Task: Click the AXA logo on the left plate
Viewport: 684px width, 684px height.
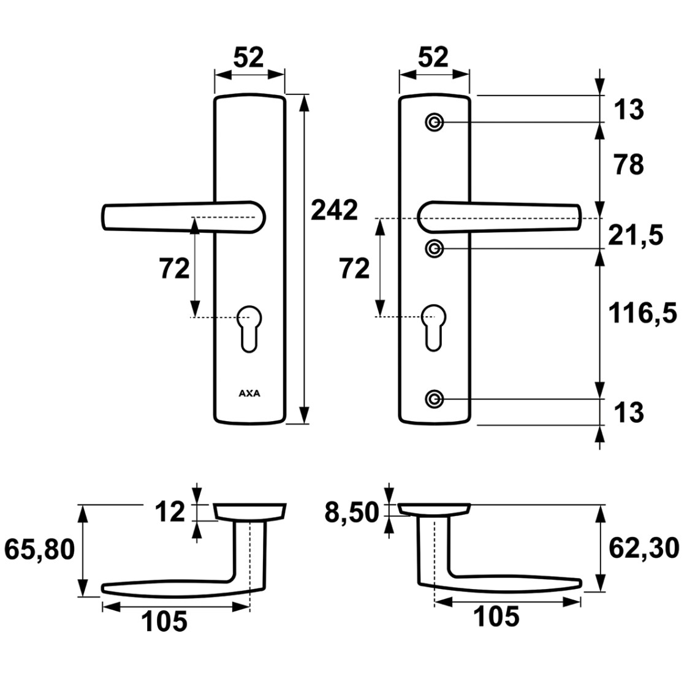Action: [x=249, y=393]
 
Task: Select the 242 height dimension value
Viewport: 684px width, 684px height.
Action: [x=334, y=210]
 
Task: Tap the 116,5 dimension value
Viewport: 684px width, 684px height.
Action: [x=642, y=313]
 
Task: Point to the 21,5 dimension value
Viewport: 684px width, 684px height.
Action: [x=635, y=235]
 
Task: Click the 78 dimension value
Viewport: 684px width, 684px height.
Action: [x=629, y=165]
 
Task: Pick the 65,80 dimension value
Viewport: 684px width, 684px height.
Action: [x=40, y=549]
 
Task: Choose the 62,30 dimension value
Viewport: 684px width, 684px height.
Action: [x=644, y=549]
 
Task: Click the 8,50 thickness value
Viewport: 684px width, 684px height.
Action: [x=352, y=512]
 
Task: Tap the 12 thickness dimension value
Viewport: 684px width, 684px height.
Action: [x=170, y=512]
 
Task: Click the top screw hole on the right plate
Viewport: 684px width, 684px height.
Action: [x=434, y=123]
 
